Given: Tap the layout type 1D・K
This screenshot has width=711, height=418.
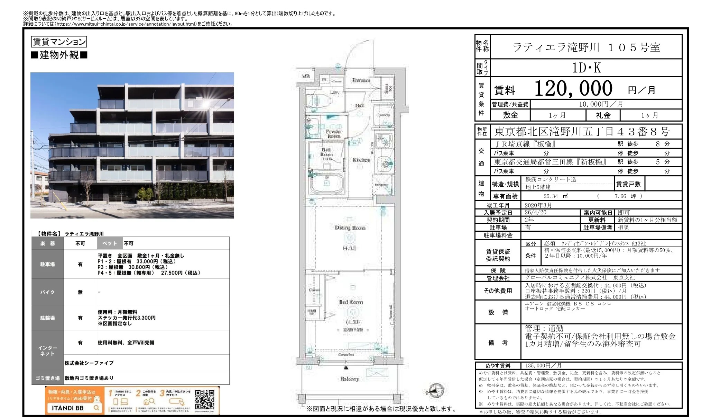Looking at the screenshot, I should coord(586,68).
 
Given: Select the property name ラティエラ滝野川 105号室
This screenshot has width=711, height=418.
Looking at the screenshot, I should coord(586,47).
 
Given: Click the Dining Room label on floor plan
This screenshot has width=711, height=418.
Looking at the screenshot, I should coord(350,228).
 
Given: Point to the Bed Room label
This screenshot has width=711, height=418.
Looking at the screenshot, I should coord(351,302).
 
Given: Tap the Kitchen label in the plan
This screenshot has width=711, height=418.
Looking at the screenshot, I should coord(361,160).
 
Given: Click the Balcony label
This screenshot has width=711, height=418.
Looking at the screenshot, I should coord(349,379).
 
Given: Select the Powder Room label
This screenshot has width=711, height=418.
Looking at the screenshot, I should coord(334,134).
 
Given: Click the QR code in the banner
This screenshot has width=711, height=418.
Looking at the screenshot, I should coord(204,400).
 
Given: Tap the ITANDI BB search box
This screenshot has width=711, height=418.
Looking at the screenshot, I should coord(74,408).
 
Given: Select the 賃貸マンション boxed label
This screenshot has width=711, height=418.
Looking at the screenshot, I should coord(59,42).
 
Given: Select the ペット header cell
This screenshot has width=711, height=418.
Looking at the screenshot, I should coord(110,243).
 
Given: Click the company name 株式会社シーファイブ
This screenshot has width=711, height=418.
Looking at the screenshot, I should coord(89,363).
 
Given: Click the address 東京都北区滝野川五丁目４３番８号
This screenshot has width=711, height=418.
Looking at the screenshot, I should coord(582,132).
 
